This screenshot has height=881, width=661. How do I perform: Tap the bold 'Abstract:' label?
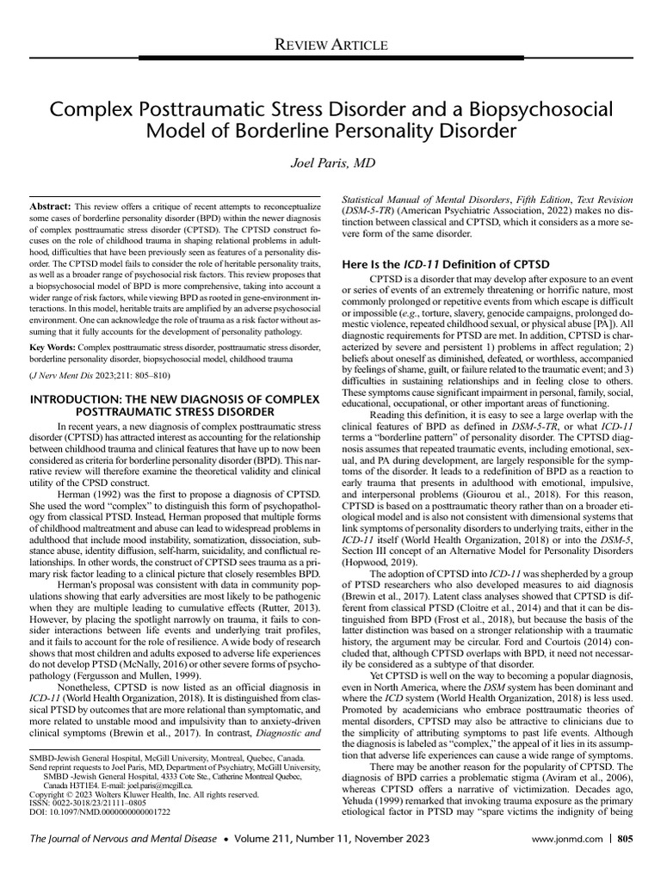tap(50, 208)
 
